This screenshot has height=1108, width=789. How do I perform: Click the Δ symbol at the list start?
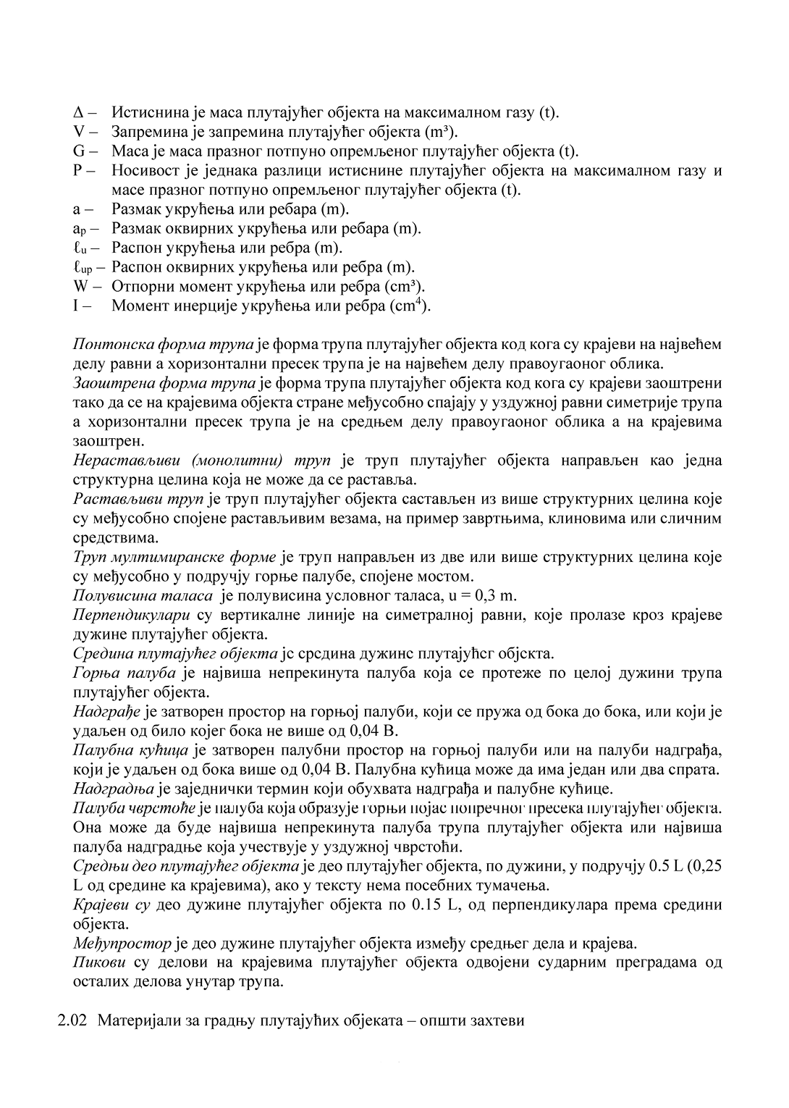pos(79,113)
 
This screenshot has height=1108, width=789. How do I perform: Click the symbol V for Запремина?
pos(79,133)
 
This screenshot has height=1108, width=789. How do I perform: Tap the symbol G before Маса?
pos(80,151)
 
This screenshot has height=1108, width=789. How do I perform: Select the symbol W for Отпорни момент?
pos(80,286)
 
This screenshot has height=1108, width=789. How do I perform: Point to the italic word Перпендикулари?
pos(132,616)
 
